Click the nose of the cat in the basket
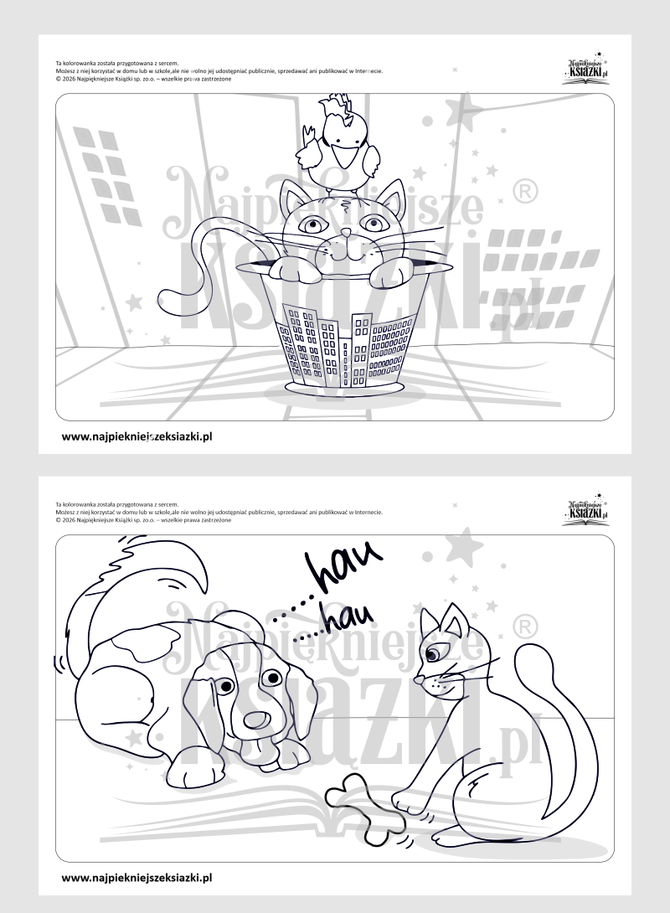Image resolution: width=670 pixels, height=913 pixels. pos(346,233)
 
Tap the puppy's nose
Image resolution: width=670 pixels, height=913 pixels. pos(255,720)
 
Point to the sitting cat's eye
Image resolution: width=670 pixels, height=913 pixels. pos(433,656)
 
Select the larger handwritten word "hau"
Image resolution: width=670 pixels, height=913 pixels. pos(344,563)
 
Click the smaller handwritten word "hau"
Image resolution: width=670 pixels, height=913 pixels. pos(347,618)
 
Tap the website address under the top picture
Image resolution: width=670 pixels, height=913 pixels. pos(137,436)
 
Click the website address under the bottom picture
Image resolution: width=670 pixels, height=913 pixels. pos(137,878)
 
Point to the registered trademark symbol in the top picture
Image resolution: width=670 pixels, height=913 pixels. pos(525,192)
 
